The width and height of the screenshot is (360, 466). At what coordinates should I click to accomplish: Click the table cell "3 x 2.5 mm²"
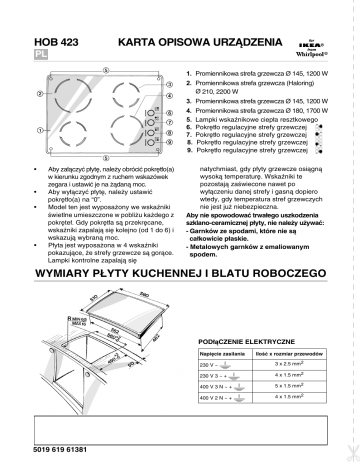(x=296, y=395)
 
